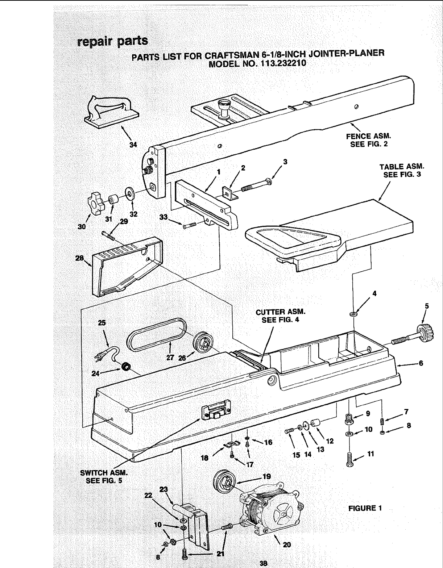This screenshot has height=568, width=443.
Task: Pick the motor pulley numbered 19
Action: point(225,482)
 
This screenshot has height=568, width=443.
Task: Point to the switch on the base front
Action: point(217,412)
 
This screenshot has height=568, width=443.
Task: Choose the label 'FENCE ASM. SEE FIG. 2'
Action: point(370,141)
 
